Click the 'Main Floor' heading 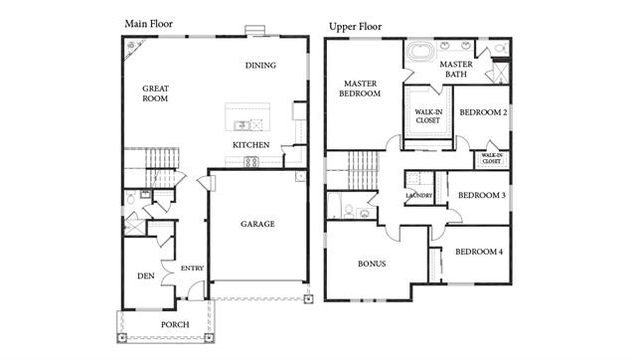tap(148, 24)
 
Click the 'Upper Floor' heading tap(355, 27)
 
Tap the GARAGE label tap(257, 224)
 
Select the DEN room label tap(146, 276)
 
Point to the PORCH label tap(175, 324)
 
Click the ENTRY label tap(192, 269)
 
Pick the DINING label tap(260, 66)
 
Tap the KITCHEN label tap(251, 145)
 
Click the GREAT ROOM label tap(155, 93)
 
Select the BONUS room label tap(372, 264)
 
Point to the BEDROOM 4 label tap(479, 252)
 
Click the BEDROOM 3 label tap(482, 195)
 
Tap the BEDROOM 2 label tap(483, 112)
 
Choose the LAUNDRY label tap(419, 196)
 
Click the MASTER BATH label tap(456, 69)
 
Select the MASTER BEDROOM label tap(360, 89)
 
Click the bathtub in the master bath tap(421, 51)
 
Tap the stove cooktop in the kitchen tap(251, 162)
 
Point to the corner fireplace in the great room tap(132, 48)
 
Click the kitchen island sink tap(241, 125)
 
